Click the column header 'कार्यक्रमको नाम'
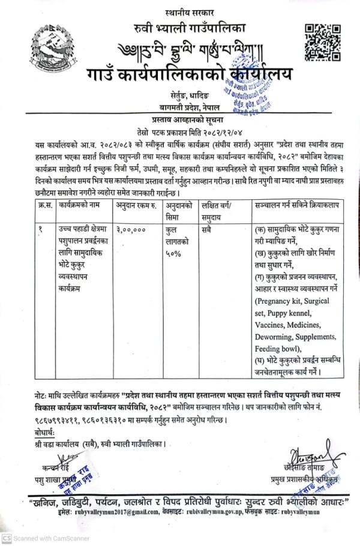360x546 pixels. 82,205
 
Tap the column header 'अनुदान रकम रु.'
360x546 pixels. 137,205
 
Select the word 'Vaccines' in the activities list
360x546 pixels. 272,324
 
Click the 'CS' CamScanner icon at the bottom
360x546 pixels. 6,539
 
